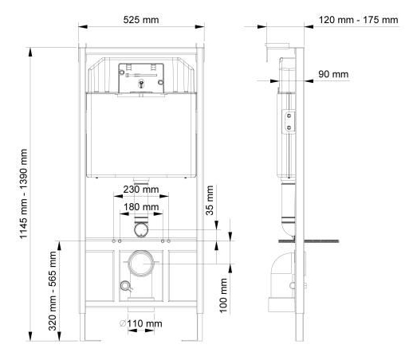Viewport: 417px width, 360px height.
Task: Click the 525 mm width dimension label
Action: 141,20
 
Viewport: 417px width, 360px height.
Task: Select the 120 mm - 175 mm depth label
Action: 358,20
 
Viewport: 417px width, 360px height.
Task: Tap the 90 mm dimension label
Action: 333,74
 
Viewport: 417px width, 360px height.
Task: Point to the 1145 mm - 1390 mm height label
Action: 24,194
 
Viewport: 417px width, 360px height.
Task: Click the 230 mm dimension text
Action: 141,190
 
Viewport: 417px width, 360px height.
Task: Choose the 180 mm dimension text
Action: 141,207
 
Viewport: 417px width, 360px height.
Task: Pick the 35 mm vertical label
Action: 210,201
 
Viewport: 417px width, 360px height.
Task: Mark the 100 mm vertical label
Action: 223,295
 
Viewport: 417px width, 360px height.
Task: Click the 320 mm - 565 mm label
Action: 53,291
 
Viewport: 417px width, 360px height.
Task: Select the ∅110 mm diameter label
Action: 140,323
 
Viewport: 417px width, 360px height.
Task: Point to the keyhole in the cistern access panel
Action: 141,84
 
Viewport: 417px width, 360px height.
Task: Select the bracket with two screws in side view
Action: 289,121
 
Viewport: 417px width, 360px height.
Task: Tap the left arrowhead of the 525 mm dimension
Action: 83,26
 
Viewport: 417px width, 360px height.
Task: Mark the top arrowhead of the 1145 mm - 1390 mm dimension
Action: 30,52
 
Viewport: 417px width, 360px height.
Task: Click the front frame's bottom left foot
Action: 83,327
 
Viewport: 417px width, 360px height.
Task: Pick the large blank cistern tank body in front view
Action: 141,135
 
